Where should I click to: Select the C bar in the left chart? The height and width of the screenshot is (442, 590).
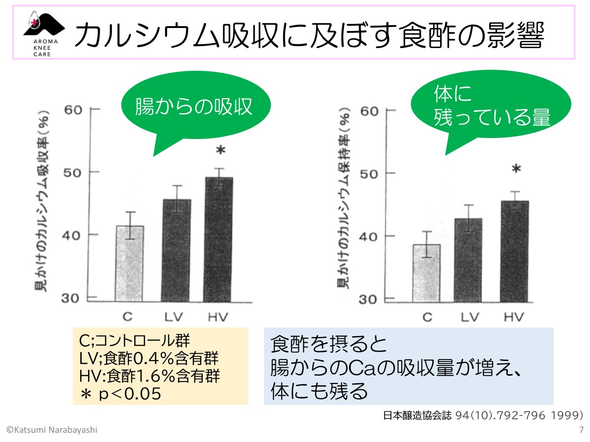coord(129,263)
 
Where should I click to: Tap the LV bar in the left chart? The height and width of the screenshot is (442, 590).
coord(176,250)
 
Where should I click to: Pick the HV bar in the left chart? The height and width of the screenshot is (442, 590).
coord(218,239)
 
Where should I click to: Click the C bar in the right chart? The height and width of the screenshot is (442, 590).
coord(426,273)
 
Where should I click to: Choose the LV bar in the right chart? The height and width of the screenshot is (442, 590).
coord(468,259)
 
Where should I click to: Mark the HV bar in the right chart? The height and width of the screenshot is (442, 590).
coord(514,250)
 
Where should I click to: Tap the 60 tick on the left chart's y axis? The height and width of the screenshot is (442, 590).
coord(73,109)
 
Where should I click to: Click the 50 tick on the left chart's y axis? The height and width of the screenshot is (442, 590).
coord(73,172)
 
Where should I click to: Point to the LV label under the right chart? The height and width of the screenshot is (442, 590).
coord(470,317)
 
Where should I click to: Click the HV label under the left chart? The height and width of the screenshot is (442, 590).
coord(218,317)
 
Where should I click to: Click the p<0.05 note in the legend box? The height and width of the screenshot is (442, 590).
coord(120,393)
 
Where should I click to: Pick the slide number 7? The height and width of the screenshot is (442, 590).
coord(581,430)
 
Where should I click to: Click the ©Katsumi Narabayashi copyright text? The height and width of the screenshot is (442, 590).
coord(52,430)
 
